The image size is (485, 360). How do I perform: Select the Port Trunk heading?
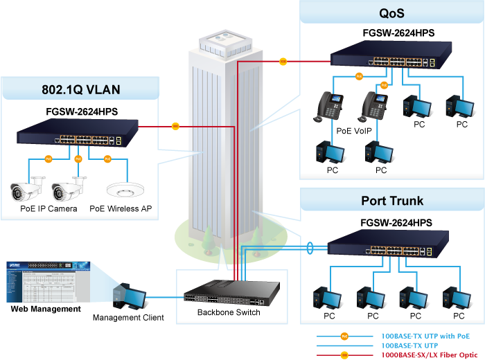(392, 201)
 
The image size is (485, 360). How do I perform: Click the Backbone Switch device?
(232, 292)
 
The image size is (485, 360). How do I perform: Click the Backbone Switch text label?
(229, 312)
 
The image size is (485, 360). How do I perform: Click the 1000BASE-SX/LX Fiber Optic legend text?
(427, 354)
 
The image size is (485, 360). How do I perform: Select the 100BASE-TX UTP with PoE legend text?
(425, 335)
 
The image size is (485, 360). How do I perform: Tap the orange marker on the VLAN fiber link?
(175, 126)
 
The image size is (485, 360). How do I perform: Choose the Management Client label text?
(128, 318)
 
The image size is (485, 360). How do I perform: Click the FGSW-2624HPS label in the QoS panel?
(398, 32)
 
